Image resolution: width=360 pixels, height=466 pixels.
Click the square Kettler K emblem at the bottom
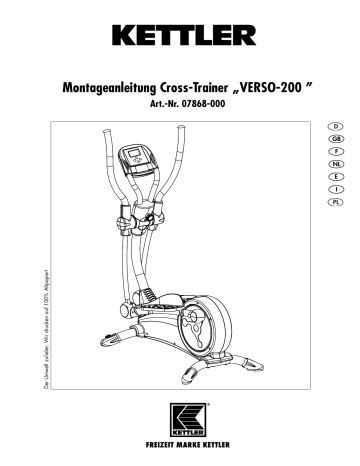point(180,416)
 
